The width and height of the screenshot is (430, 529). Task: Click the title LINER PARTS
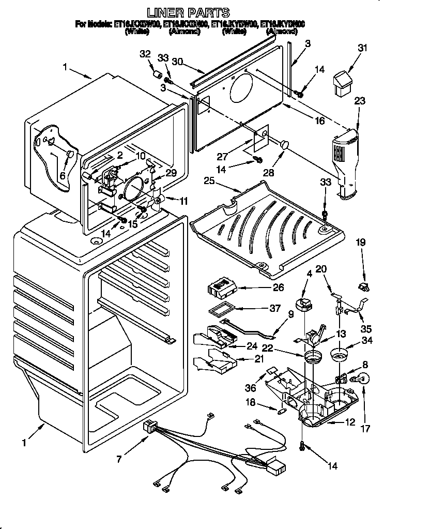[188, 12]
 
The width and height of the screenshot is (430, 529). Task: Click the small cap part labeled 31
[342, 83]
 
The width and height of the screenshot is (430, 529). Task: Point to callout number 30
[178, 61]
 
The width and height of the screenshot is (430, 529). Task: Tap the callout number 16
[319, 120]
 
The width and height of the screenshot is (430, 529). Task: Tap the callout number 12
[349, 422]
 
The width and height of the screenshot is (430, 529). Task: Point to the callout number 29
[171, 174]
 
